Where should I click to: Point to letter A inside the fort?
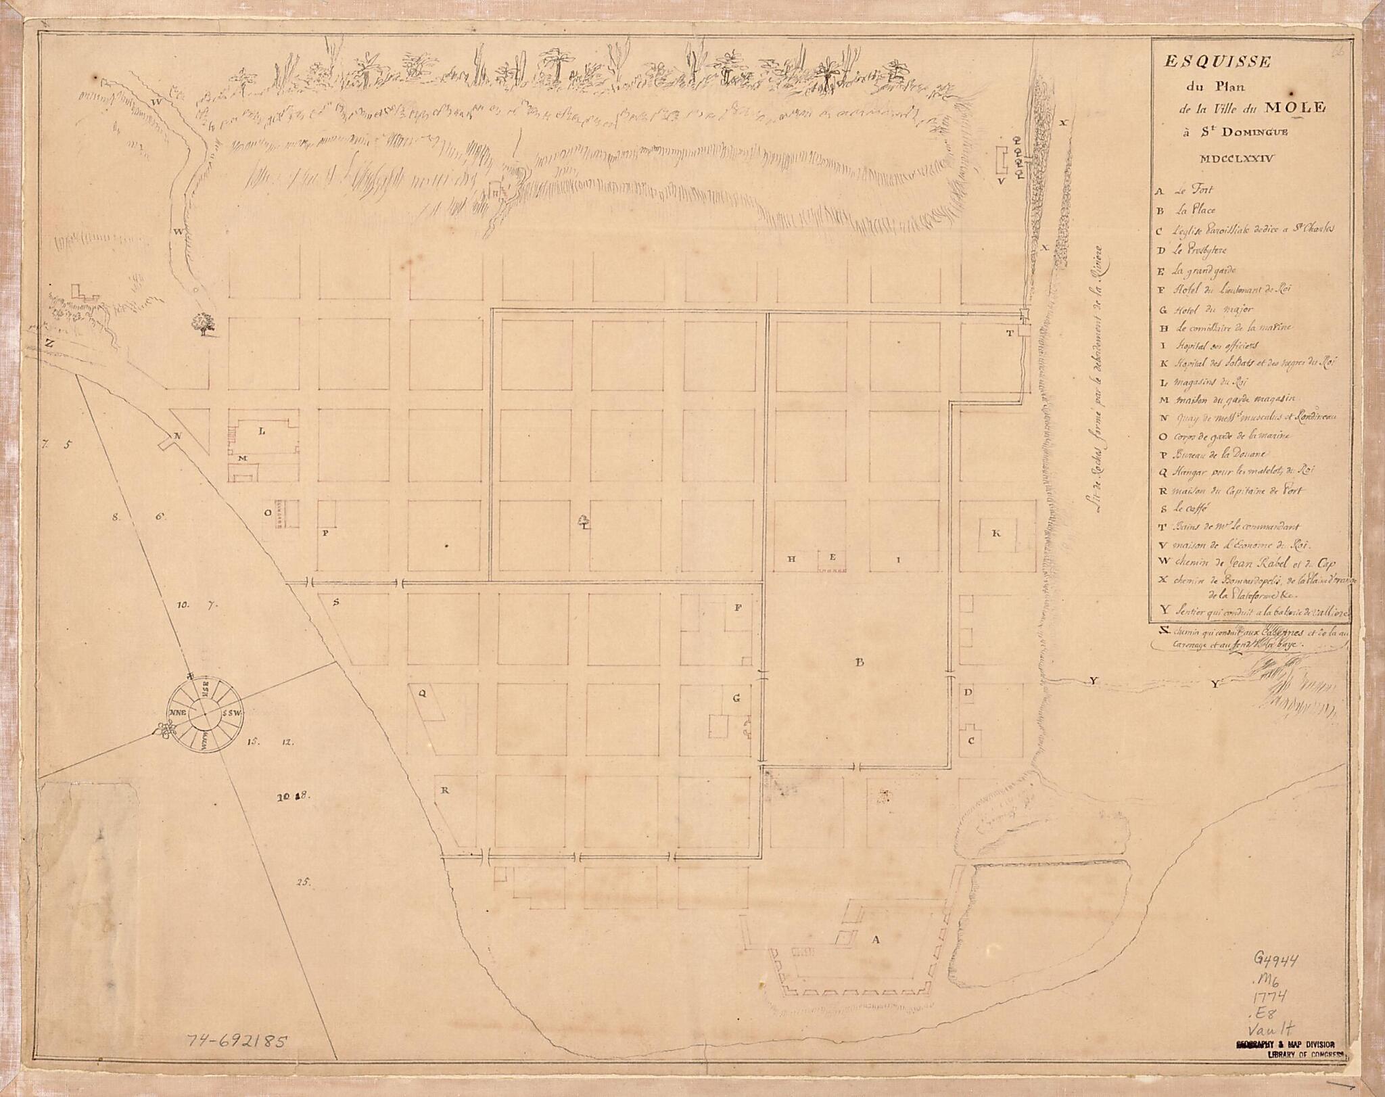[877, 939]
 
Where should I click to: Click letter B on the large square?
[860, 662]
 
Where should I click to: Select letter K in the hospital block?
[995, 533]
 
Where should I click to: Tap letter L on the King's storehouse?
[262, 431]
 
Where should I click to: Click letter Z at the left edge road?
[49, 343]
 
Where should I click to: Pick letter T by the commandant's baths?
[1009, 333]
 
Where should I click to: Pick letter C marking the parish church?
[970, 740]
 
